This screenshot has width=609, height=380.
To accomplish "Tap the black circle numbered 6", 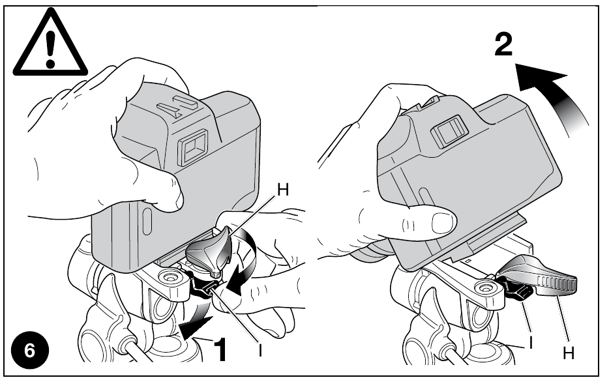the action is [30, 351].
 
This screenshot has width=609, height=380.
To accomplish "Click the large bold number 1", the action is [220, 350].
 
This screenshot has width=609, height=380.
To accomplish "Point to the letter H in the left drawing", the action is [283, 190].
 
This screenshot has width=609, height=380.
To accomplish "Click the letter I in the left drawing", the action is [260, 351].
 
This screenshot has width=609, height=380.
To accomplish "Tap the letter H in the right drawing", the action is [569, 353].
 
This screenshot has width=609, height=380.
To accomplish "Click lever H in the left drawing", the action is [209, 253].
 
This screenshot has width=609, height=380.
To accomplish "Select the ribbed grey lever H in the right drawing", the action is [538, 276].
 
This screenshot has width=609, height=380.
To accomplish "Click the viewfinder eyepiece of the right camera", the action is [449, 131].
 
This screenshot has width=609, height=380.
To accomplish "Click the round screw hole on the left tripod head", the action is [169, 278].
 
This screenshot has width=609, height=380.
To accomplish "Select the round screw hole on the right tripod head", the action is [484, 288].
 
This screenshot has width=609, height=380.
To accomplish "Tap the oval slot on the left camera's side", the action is [147, 222].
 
